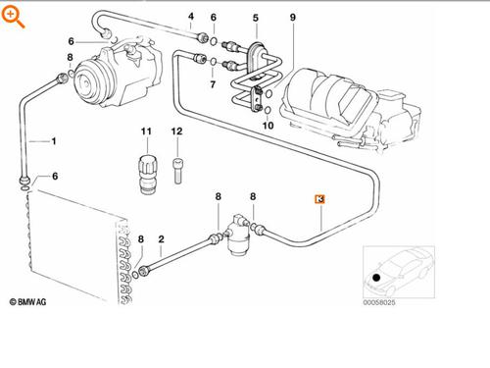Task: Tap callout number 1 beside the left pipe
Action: click(x=54, y=141)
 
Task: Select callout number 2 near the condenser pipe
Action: click(x=161, y=240)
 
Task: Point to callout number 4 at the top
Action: click(x=191, y=17)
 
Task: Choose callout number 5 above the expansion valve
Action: click(x=256, y=18)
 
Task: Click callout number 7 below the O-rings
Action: click(x=214, y=86)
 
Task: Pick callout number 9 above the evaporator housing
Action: click(x=292, y=18)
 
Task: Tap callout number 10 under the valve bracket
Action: click(x=269, y=125)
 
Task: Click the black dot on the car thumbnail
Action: click(x=376, y=279)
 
